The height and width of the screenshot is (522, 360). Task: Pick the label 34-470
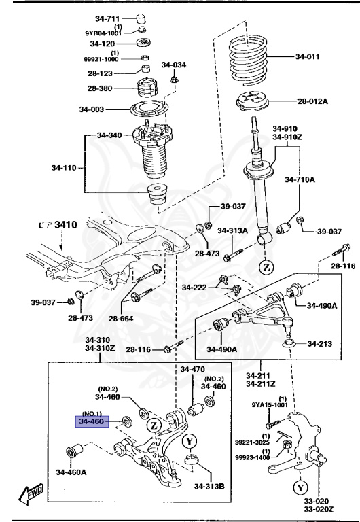192,370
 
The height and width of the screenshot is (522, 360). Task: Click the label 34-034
173,65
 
